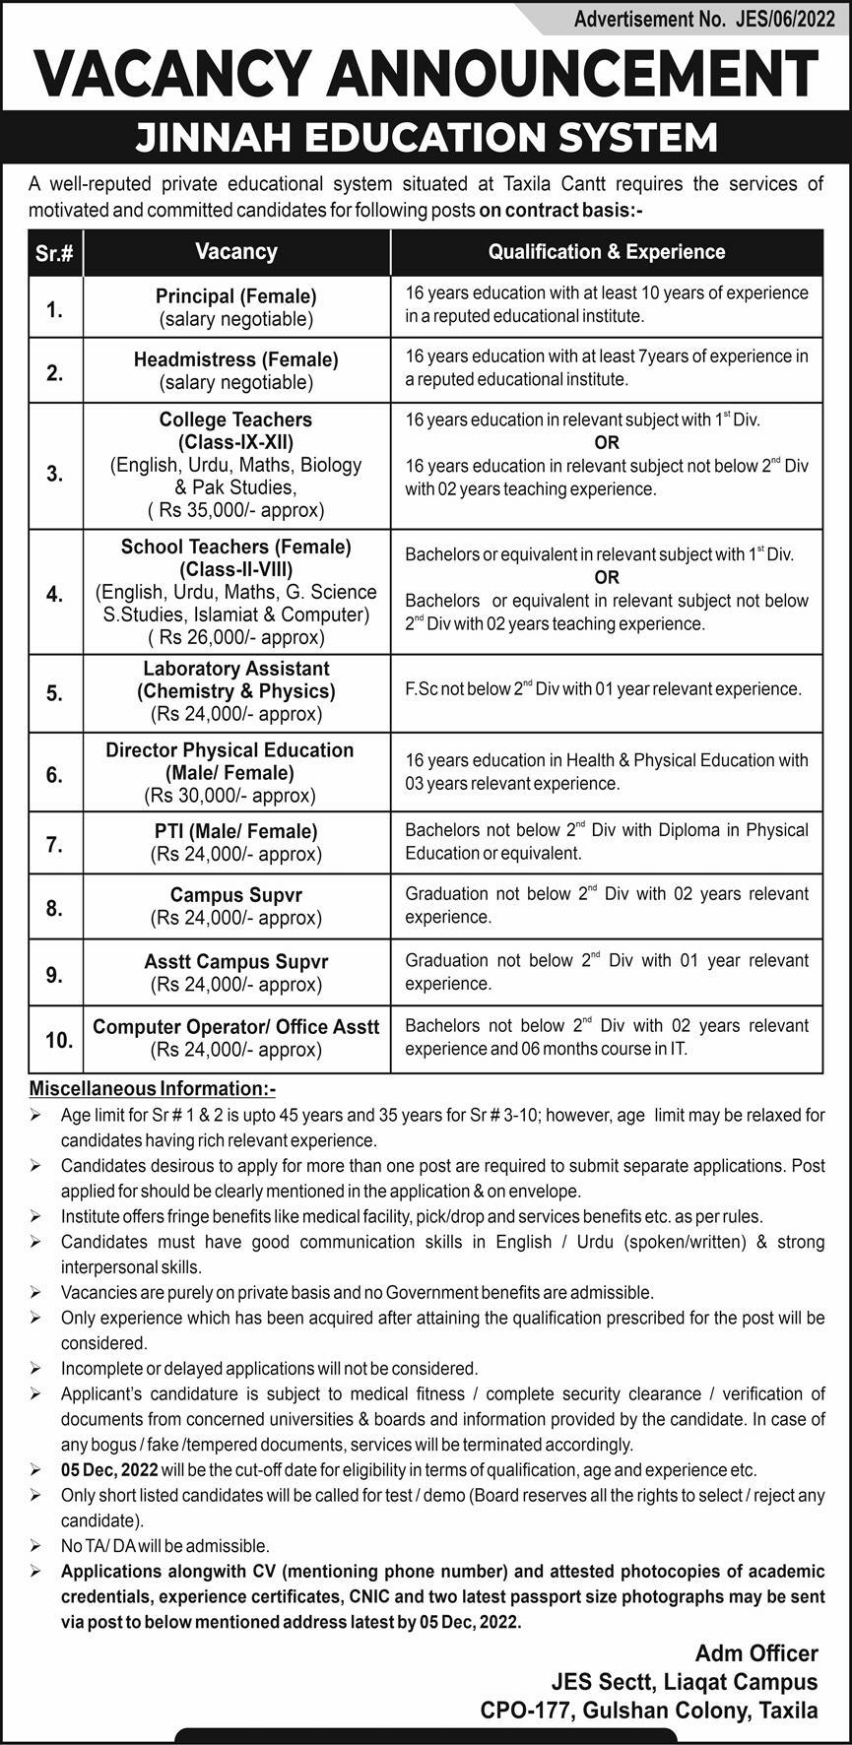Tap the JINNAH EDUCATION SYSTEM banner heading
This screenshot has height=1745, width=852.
pos(426,138)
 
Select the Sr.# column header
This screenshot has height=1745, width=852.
pos(55,253)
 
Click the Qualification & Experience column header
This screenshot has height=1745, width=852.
pos(607,252)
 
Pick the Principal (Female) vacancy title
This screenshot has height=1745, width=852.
pos(236,295)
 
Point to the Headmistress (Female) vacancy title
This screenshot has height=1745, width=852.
pos(236,359)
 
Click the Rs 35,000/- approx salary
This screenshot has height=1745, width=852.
pos(236,510)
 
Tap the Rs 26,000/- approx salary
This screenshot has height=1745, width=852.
pos(236,637)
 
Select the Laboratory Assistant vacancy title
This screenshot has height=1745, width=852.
pos(236,669)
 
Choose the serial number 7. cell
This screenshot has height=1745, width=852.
pos(55,844)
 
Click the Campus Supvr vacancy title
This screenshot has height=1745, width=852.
pos(236,895)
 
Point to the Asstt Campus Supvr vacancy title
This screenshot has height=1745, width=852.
pos(236,961)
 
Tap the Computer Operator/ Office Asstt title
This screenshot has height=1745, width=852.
pos(236,1026)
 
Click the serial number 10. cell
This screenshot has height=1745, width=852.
pos(58,1039)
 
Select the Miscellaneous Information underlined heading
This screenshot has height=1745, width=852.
pos(153,1088)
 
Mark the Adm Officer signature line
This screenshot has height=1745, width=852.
pos(756,1652)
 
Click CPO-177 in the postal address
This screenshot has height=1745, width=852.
pos(523,1711)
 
